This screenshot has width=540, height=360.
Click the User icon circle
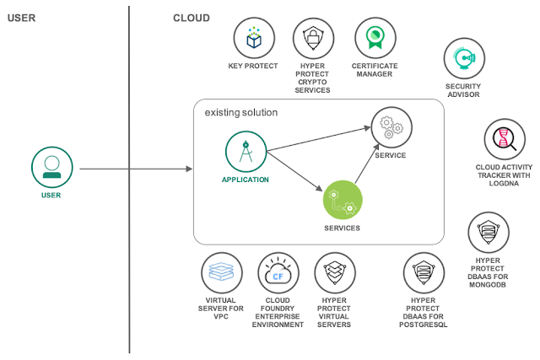click(x=51, y=166)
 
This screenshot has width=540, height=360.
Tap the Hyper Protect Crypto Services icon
click(x=312, y=39)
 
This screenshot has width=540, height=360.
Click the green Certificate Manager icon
click(x=374, y=39)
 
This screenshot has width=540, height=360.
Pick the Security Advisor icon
click(x=463, y=59)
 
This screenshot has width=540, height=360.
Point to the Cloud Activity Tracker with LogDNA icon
click(x=504, y=137)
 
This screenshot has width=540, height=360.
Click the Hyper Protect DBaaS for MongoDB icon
click(x=489, y=233)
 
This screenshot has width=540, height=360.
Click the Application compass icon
click(x=246, y=151)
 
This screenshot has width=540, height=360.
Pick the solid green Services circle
click(x=343, y=200)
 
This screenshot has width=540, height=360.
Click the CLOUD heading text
click(x=192, y=18)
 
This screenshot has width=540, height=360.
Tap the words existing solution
click(x=241, y=112)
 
